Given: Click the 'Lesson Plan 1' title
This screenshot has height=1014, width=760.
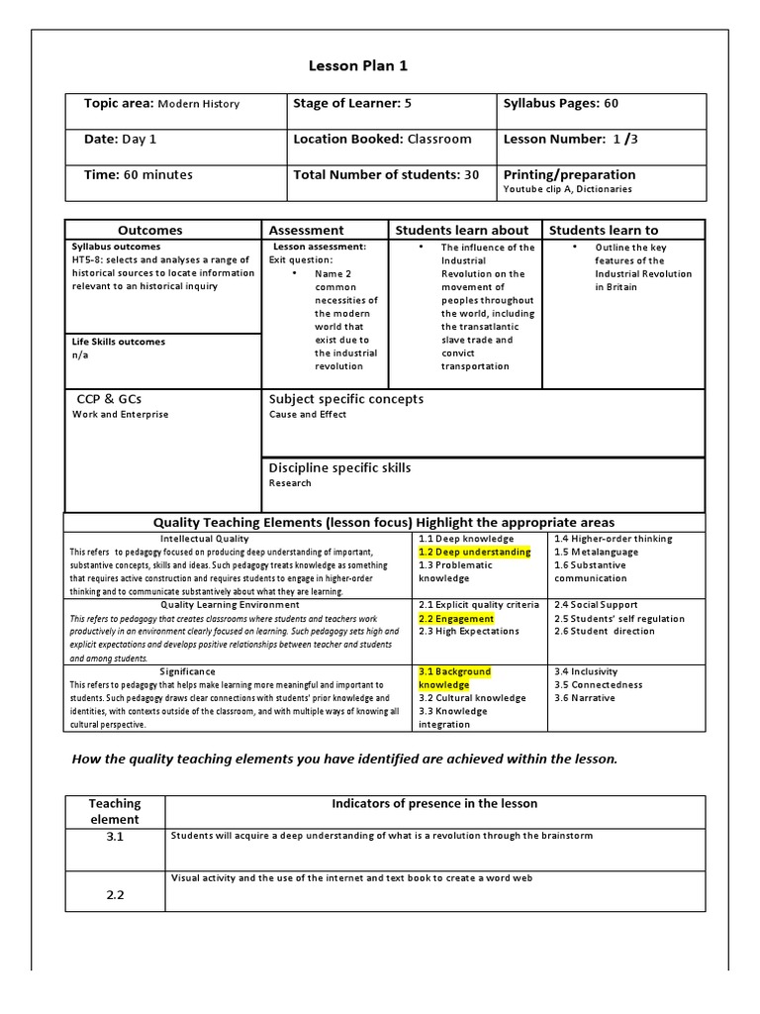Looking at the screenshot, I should click(x=357, y=66).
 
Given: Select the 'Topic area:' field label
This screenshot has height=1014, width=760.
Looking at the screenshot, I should click(x=119, y=104).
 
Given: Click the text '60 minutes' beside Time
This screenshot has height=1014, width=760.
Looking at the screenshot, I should click(x=159, y=175).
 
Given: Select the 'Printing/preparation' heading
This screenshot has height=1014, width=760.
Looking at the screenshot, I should click(x=569, y=175).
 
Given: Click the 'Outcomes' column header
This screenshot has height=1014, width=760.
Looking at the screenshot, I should click(x=149, y=231).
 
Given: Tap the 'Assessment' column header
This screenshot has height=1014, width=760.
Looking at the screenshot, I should click(x=307, y=231).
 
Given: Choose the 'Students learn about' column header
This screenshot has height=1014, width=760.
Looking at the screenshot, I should click(x=462, y=231).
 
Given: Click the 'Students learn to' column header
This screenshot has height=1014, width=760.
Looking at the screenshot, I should click(x=603, y=231).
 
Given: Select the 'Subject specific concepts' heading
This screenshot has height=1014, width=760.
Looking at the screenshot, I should click(x=345, y=399).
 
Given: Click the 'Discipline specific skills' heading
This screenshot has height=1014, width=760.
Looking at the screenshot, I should click(x=339, y=468).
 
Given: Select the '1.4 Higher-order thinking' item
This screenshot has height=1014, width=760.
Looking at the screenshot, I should click(x=613, y=540).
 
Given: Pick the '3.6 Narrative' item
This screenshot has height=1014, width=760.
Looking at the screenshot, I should click(x=584, y=698).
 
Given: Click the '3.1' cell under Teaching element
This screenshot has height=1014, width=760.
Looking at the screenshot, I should click(x=115, y=838).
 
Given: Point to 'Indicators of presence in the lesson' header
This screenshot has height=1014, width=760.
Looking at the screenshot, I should click(x=434, y=804).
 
